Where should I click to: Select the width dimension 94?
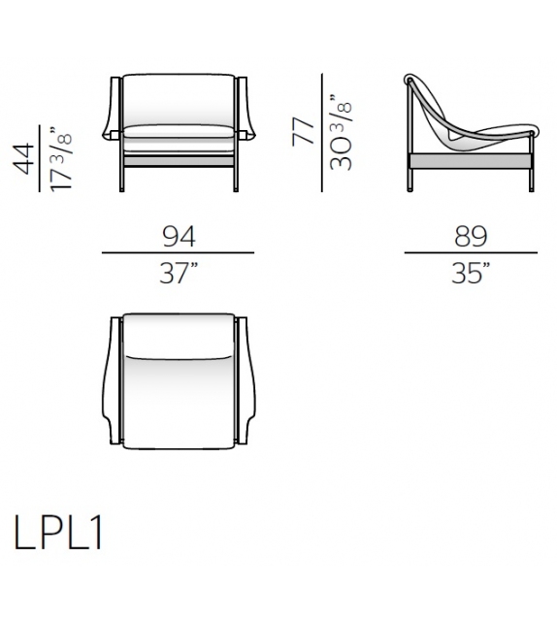click(x=178, y=236)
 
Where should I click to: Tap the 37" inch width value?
click(x=178, y=274)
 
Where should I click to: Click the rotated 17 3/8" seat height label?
click(x=62, y=158)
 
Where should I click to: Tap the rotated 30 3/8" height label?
click(x=340, y=132)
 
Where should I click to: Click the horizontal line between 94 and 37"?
click(x=178, y=254)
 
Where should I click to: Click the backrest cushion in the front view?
click(x=178, y=100)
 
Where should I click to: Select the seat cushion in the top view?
click(x=178, y=398)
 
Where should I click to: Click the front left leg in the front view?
click(x=122, y=175)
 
